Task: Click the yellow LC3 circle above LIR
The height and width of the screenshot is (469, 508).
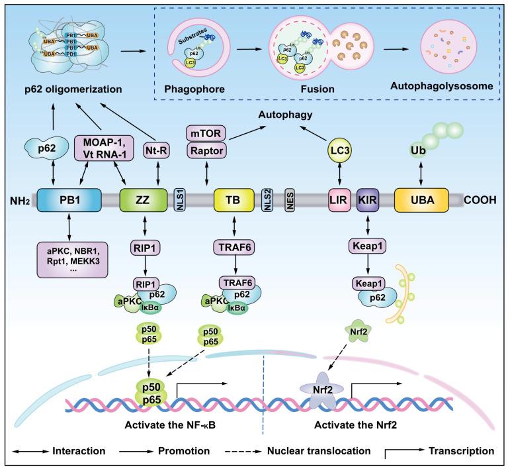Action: pyautogui.click(x=339, y=153)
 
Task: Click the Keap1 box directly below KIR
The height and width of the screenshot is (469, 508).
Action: pyautogui.click(x=366, y=246)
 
